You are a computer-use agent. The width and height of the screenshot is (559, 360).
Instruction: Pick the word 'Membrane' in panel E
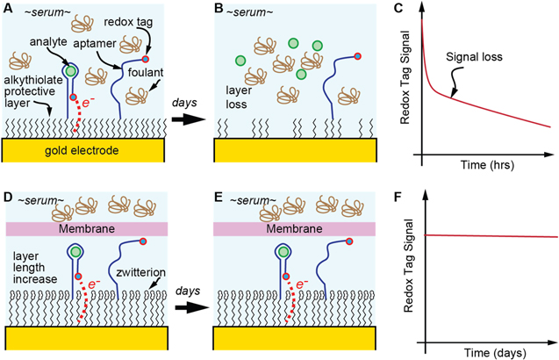(296, 229)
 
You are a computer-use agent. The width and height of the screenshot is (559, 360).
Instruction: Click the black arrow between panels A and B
(191, 116)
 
